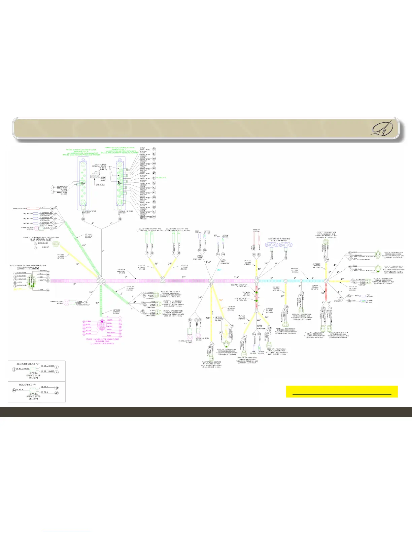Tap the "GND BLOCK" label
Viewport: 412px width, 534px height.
tap(100, 185)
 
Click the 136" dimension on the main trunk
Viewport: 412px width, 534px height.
tap(237, 277)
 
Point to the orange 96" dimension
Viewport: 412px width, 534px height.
tap(221, 300)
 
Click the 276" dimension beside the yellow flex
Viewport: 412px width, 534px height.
tap(208, 318)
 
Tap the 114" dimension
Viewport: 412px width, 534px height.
tap(208, 262)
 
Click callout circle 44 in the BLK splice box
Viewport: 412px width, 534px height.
tap(14, 390)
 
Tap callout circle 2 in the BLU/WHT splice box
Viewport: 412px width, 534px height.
tap(14, 370)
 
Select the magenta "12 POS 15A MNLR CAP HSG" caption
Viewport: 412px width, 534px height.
tap(101, 340)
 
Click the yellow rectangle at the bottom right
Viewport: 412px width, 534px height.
tap(342, 391)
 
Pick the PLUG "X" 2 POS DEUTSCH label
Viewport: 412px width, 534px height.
tap(326, 233)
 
